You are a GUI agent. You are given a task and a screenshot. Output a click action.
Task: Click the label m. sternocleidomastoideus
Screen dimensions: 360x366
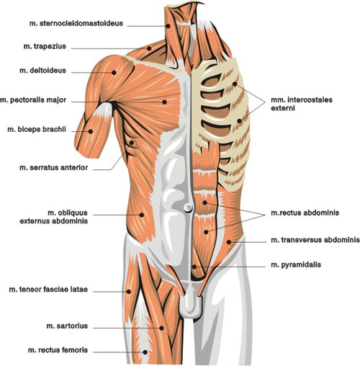pos(76,24)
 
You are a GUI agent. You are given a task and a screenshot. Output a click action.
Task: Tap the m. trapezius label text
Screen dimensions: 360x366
pos(45,46)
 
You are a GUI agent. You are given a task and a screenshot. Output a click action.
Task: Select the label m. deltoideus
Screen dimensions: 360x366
pos(42,71)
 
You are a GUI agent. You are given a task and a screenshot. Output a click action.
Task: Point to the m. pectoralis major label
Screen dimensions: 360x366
pos(33,100)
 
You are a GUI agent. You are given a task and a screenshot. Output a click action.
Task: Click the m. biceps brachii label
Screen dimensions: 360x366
pos(37,130)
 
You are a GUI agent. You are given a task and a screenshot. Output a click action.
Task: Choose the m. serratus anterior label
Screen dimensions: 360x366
pos(54,168)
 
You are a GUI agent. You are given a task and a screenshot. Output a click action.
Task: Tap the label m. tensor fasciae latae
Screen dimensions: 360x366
pos(48,290)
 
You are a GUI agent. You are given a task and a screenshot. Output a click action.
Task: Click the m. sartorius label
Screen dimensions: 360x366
pos(67,326)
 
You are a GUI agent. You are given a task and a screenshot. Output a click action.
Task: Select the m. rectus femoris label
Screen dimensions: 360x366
pos(58,350)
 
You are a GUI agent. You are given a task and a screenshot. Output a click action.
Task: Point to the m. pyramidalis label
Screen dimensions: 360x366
pos(296,265)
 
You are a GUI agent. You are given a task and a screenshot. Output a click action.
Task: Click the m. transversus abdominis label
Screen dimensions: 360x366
pos(315,240)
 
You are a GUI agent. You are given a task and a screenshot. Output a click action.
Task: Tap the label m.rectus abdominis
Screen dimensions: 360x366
pos(305,213)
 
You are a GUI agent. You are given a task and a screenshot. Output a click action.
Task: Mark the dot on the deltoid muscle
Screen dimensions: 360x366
pos(114,72)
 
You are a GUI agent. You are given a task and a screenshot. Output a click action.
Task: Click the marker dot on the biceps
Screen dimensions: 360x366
pos(91,131)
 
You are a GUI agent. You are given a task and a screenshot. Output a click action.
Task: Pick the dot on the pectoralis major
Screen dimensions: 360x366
pos(164,102)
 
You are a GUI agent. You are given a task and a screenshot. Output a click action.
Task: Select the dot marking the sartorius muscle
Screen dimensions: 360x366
pos(161,328)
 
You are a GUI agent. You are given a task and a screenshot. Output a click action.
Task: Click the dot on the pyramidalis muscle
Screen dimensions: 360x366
pos(194,267)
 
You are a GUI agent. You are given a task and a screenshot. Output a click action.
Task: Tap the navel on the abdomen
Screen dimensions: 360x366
pos(188,207)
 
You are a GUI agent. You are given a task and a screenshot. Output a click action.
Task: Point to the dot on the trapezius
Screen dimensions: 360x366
pos(149,48)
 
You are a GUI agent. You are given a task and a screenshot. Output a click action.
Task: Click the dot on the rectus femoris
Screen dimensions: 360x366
pos(145,352)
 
